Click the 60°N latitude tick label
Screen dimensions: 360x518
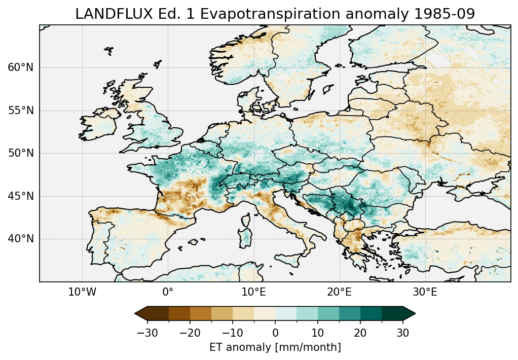pyautogui.click(x=21, y=67)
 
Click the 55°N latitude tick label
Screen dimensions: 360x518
pyautogui.click(x=21, y=111)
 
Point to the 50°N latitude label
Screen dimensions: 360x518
pyautogui.click(x=21, y=153)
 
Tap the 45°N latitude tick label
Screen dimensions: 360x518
pyautogui.click(x=21, y=196)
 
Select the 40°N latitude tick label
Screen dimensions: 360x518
pyautogui.click(x=21, y=239)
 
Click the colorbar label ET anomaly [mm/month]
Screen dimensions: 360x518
pyautogui.click(x=275, y=347)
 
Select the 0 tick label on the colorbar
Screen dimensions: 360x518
pyautogui.click(x=275, y=333)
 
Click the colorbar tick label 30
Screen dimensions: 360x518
pyautogui.click(x=403, y=333)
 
